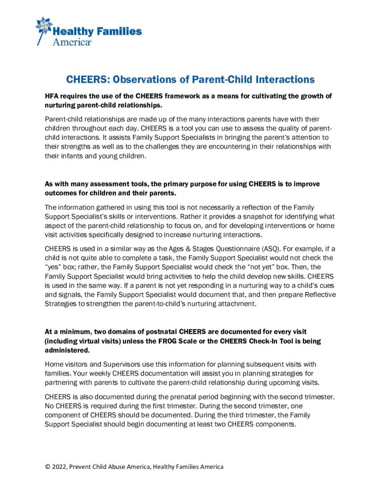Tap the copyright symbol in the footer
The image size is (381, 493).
tap(48, 467)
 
